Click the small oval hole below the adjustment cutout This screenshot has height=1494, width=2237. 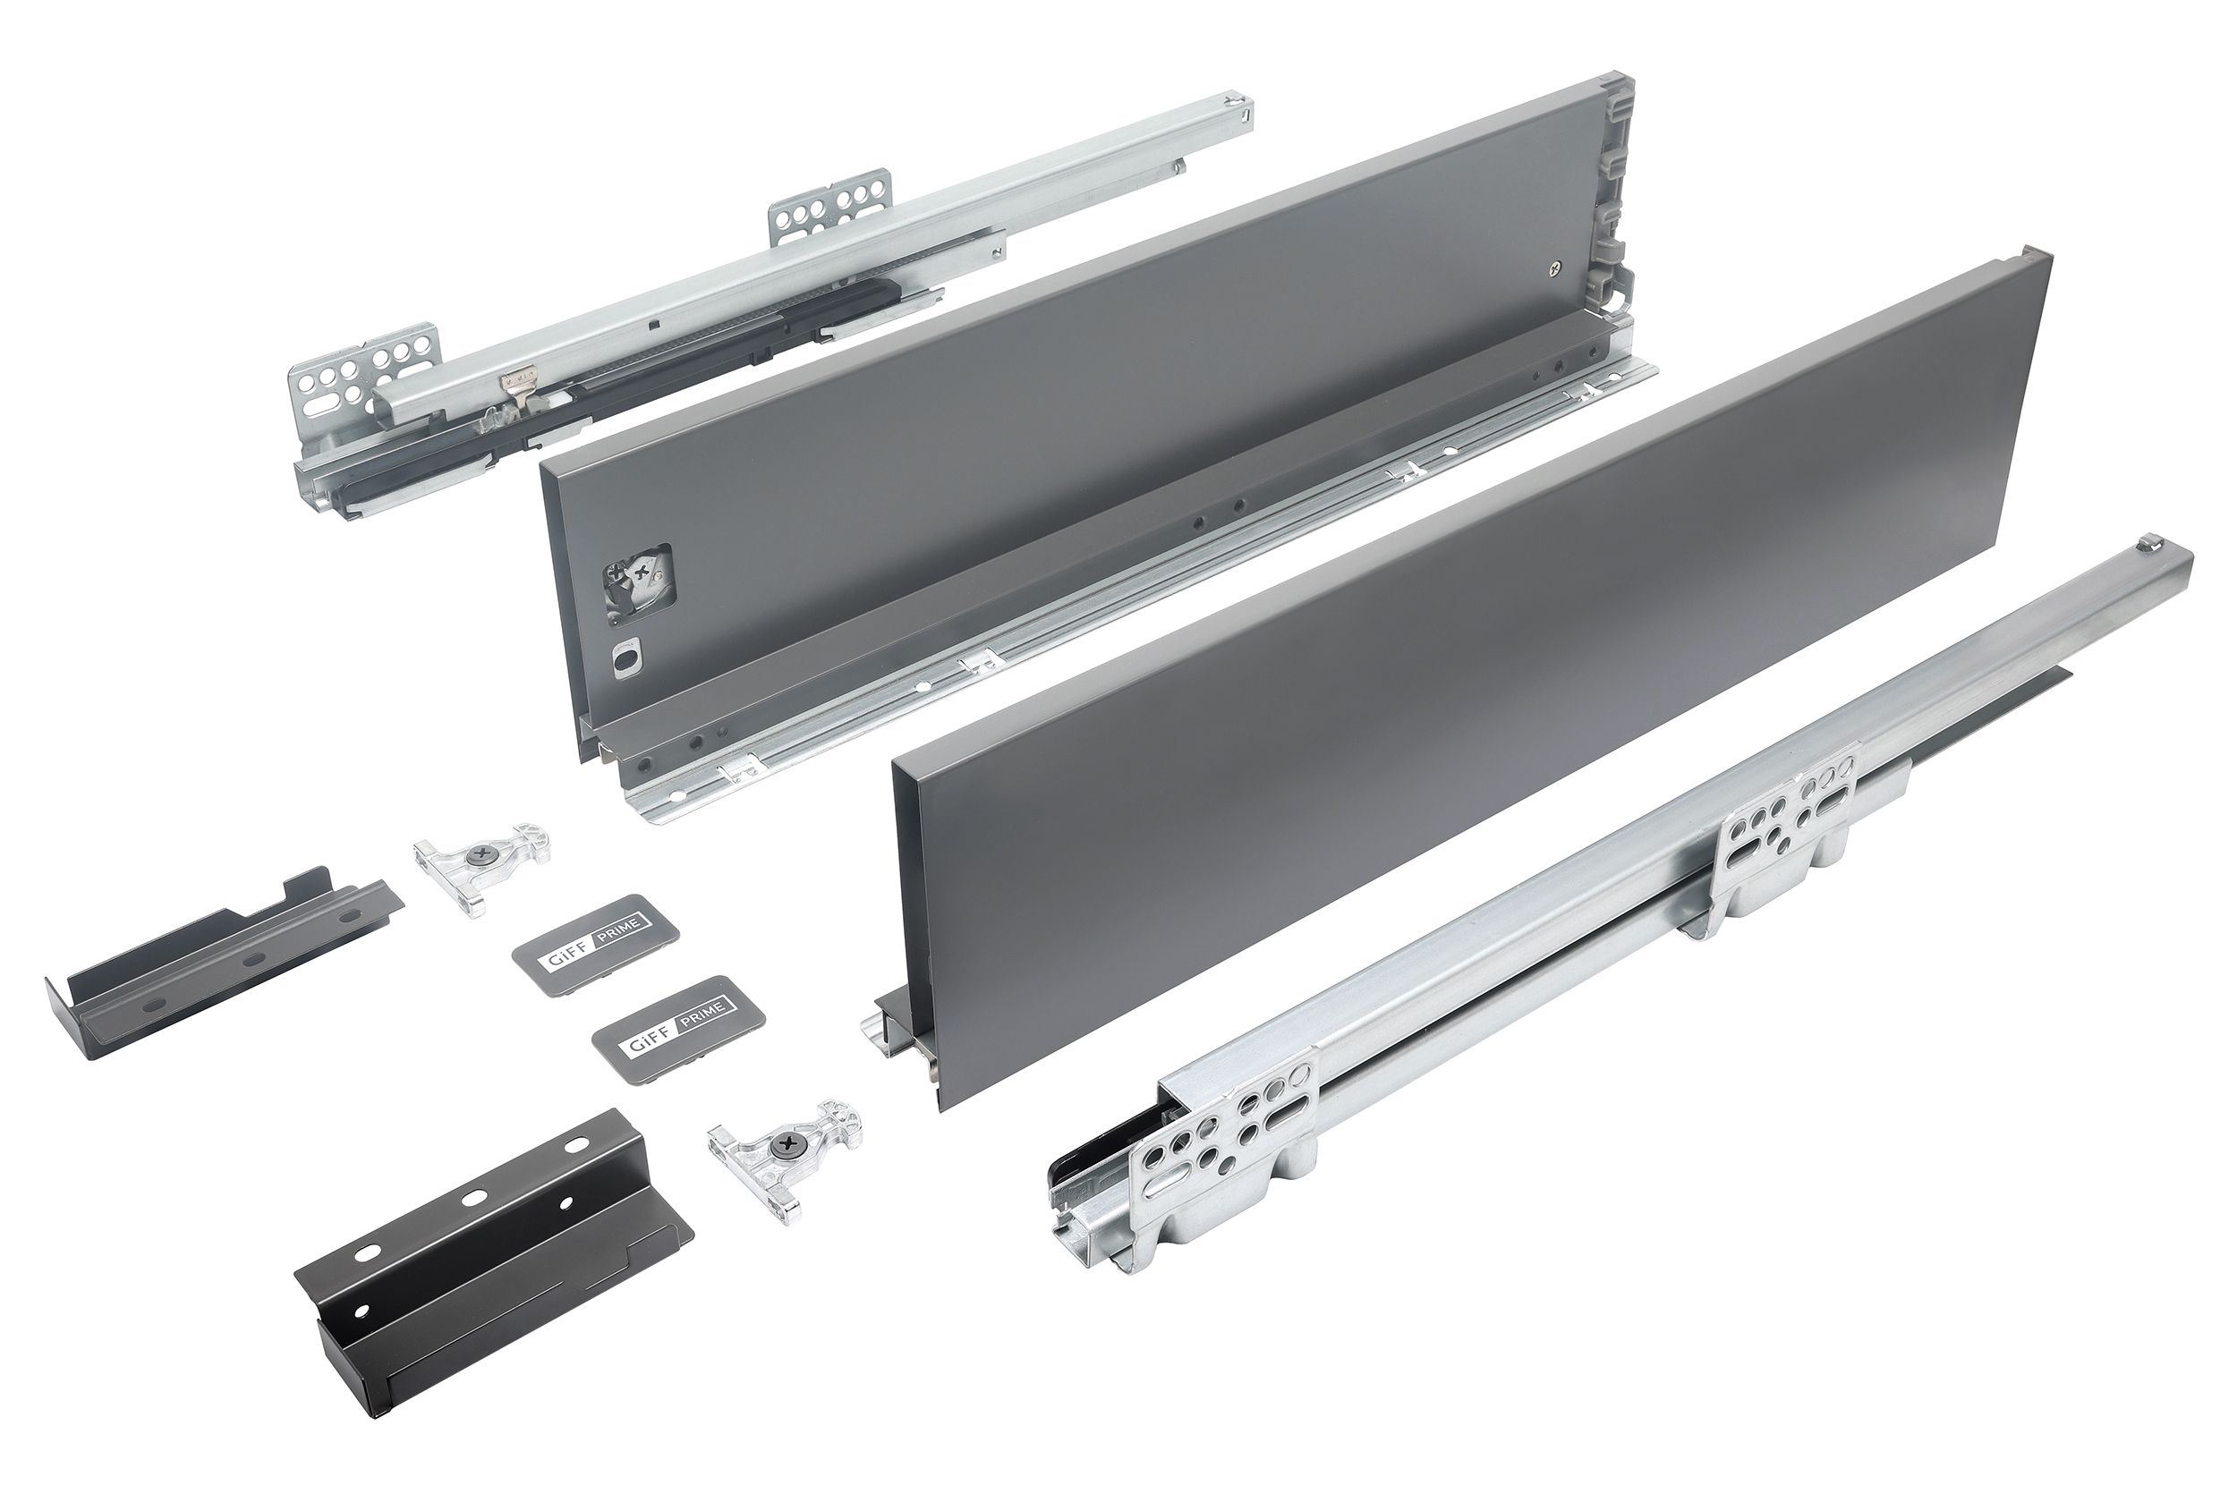(626, 660)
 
